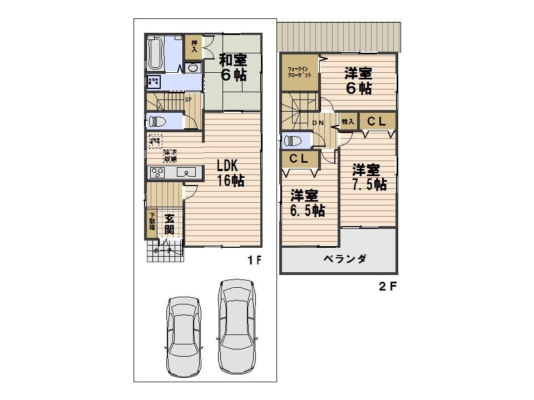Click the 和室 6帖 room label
click(233, 67)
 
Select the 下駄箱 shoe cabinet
click(152, 223)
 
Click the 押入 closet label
click(194, 45)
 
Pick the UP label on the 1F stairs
click(189, 100)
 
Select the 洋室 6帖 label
click(358, 80)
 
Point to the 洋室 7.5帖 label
click(367, 177)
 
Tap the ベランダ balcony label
click(344, 259)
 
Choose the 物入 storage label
click(348, 121)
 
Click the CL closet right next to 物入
click(377, 121)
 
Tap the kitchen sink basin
click(187, 173)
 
